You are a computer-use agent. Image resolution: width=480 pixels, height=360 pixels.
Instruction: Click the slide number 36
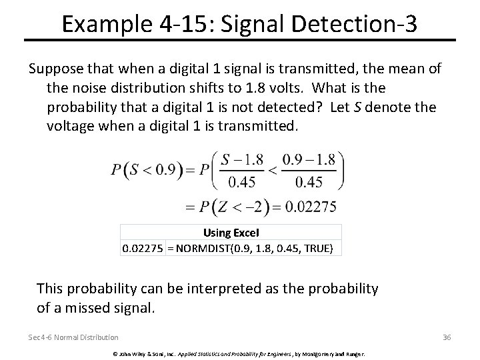click(x=447, y=337)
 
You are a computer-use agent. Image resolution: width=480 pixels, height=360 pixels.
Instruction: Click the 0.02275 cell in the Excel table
click(x=142, y=248)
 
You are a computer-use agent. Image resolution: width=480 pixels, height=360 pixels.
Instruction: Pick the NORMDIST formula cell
click(x=253, y=248)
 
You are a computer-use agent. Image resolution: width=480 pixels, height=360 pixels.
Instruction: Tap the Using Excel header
click(x=231, y=233)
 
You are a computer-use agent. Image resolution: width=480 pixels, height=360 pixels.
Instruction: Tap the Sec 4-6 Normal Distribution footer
click(x=73, y=337)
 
